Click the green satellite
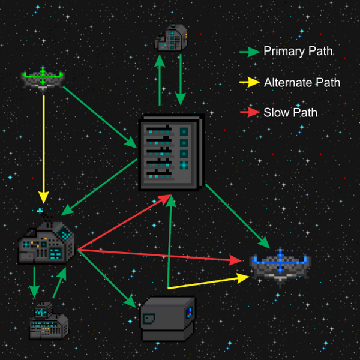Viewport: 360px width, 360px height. click(43, 78)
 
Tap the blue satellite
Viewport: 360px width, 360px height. click(280, 264)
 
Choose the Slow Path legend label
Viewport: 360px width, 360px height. click(290, 112)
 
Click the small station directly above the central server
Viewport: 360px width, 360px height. click(172, 37)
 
